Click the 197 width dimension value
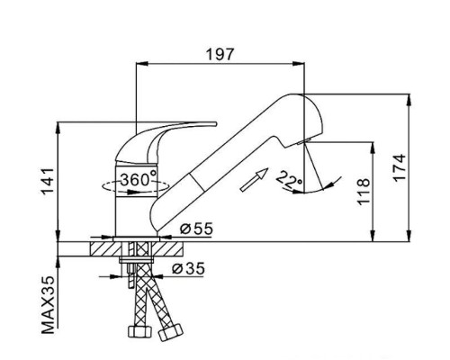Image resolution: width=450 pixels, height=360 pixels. tap(220, 54)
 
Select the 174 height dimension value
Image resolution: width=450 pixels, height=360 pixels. tap(400, 167)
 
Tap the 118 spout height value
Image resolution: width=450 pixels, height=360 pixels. tap(364, 192)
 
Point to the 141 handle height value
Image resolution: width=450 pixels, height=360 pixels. tap(48, 182)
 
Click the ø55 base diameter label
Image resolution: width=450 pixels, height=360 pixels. tap(196, 229)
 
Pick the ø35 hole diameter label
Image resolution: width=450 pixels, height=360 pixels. tap(188, 268)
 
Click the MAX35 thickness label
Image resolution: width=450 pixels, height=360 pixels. tap(48, 304)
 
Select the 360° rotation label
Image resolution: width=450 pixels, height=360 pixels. tap(139, 179)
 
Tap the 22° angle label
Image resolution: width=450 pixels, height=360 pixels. tap(289, 179)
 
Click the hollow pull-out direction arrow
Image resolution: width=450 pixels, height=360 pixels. tap(254, 179)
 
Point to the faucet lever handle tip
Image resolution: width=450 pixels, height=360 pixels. tap(215, 123)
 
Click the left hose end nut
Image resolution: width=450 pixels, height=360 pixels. tap(139, 331)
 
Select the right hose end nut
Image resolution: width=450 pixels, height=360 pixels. tap(170, 332)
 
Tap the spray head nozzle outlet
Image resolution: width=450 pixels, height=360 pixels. tap(303, 142)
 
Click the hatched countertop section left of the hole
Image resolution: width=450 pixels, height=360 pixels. tap(106, 248)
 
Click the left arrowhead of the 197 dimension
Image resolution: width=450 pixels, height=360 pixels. tap(142, 63)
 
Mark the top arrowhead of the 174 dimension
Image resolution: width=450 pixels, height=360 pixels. tap(409, 100)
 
